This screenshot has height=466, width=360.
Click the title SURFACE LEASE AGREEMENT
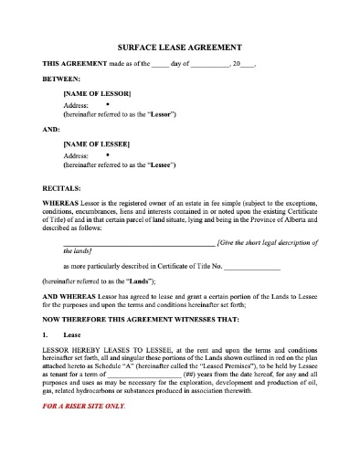click(x=180, y=47)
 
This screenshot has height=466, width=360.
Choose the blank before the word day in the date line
click(x=159, y=63)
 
